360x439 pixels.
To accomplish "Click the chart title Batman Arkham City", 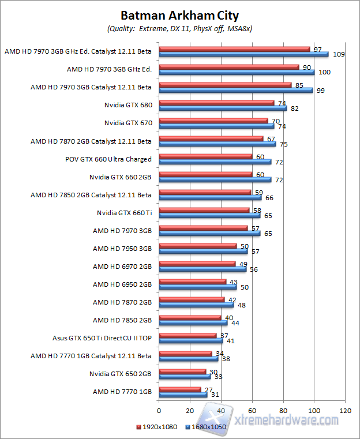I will [179, 16].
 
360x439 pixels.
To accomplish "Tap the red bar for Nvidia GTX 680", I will [216, 103].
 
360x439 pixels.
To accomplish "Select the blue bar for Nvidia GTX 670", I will [216, 126].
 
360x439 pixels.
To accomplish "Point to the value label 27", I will [209, 389].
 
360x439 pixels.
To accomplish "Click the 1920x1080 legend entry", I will [157, 427].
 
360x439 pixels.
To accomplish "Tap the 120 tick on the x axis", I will [345, 411].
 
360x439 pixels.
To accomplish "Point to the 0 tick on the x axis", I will [159, 411].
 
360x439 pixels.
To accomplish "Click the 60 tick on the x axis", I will [252, 411].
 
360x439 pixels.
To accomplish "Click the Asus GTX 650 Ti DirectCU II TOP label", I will [102, 337].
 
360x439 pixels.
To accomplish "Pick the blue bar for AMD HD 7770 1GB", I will [183, 395].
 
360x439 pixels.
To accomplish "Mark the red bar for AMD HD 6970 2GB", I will [197, 264].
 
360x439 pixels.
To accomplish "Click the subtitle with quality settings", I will [179, 28].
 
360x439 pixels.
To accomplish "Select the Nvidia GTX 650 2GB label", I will [121, 373].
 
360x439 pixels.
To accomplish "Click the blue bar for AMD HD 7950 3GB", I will [203, 251].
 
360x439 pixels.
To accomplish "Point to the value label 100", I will [325, 72].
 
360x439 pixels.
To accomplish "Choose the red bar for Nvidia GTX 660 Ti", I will [204, 210].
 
